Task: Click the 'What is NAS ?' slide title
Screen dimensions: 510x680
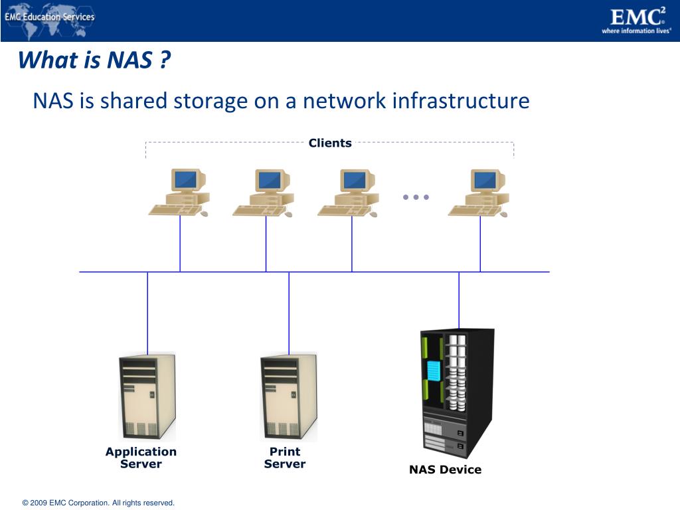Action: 94,61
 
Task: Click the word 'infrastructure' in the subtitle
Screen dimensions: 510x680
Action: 460,101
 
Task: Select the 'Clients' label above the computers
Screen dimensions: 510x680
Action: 330,143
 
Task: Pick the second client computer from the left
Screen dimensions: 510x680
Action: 264,193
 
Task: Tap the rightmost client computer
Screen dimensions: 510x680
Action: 479,193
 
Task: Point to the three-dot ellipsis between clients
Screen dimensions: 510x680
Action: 416,197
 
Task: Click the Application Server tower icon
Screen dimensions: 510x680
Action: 147,397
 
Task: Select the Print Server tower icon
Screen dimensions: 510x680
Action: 288,397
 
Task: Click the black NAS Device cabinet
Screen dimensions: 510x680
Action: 458,392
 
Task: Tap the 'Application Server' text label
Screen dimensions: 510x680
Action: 141,458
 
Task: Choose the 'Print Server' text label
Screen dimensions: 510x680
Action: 285,458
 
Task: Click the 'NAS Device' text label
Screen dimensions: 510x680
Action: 445,470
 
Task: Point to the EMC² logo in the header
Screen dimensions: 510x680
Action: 637,16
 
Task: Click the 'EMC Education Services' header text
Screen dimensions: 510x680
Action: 50,17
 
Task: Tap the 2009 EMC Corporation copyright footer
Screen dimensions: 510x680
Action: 98,503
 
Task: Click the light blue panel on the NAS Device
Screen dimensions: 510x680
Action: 434,371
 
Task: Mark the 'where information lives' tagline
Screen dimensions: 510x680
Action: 636,31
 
